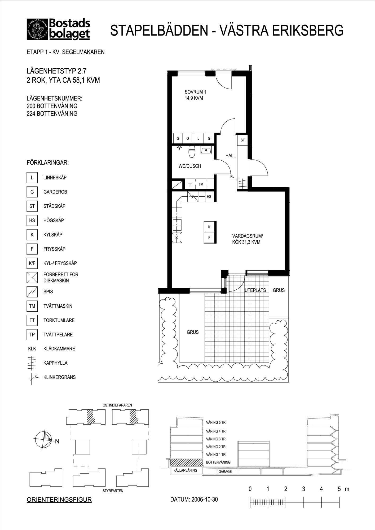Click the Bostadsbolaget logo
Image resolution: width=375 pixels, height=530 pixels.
[x=58, y=29]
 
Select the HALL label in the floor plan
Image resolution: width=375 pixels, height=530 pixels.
[x=231, y=156]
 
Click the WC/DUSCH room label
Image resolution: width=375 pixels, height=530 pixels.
[x=190, y=166]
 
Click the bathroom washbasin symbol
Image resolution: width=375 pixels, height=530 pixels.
[x=206, y=150]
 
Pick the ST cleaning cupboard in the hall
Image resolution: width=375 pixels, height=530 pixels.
[x=242, y=140]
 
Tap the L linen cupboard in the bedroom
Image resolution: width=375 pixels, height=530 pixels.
[x=198, y=138]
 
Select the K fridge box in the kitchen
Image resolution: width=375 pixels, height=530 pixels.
[x=209, y=227]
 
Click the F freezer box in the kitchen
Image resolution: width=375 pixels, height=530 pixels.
[x=209, y=238]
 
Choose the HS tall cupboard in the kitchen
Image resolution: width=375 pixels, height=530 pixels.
[x=209, y=197]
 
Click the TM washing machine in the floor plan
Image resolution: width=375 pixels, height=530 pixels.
[x=201, y=184]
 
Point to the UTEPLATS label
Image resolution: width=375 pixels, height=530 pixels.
[x=255, y=290]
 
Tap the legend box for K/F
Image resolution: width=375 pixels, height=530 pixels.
[x=32, y=263]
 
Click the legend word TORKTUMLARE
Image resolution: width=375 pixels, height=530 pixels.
[x=59, y=320]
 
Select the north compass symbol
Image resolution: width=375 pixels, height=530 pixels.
[x=43, y=440]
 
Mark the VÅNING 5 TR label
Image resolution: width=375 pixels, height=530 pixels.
[x=216, y=422]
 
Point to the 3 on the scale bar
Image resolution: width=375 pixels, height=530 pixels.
[x=303, y=489]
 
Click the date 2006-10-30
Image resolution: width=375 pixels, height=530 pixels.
[x=205, y=500]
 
